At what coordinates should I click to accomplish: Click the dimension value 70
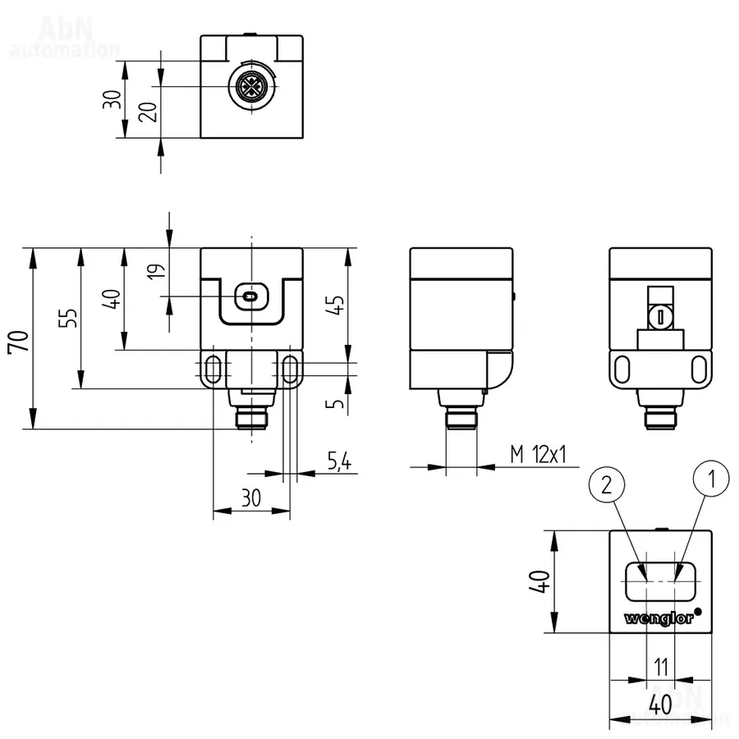[x=18, y=339]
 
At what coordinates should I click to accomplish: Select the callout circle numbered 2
[x=607, y=484]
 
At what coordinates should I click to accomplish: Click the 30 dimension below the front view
[x=250, y=498]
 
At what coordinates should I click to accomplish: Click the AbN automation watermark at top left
[x=66, y=37]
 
